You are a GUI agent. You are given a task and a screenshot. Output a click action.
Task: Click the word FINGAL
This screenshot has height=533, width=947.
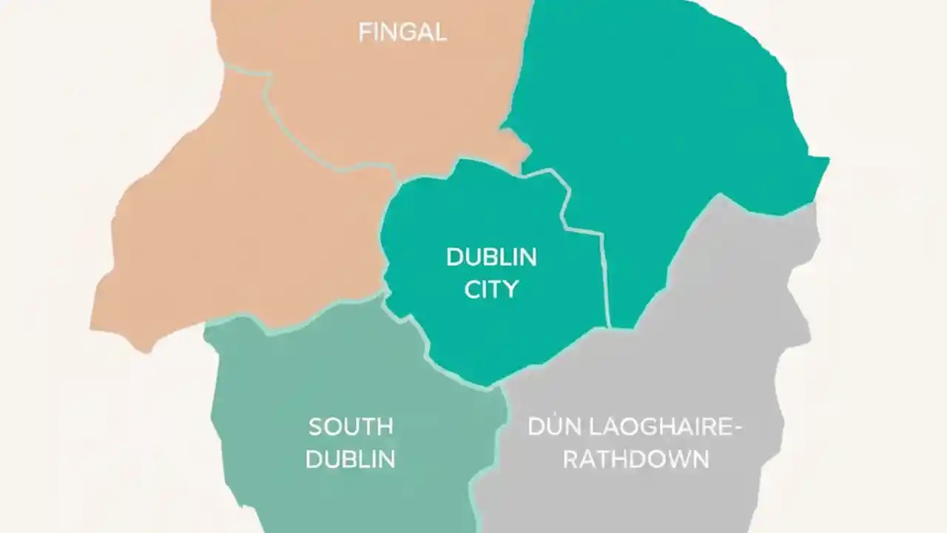click(x=402, y=33)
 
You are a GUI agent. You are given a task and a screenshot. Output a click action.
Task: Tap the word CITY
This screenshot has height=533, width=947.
click(x=491, y=289)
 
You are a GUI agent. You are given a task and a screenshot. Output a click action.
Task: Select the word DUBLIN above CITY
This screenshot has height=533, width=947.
click(x=491, y=258)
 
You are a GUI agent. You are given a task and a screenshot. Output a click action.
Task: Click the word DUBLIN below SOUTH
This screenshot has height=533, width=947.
click(x=351, y=459)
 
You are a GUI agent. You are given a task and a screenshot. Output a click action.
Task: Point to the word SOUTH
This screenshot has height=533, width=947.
click(x=351, y=427)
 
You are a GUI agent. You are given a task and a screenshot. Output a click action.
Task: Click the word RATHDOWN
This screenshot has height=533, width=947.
click(x=636, y=459)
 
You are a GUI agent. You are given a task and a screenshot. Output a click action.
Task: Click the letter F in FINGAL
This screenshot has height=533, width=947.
click(x=364, y=33)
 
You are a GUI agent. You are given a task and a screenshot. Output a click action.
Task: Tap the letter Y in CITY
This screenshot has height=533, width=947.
click(x=510, y=289)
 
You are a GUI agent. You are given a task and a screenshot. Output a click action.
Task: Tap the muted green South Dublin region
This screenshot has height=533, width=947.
click(x=296, y=370)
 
